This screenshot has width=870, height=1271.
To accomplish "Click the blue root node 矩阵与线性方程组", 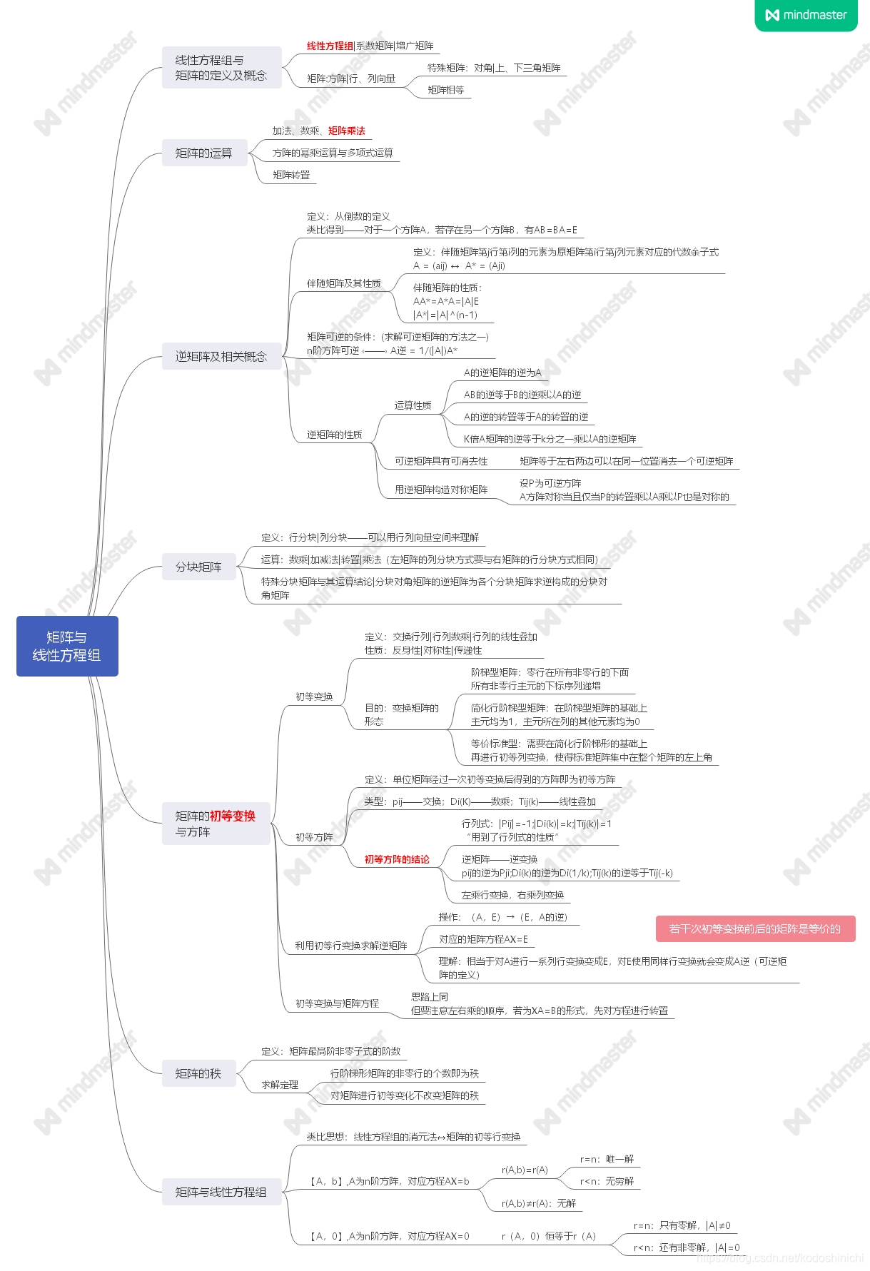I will (x=67, y=646).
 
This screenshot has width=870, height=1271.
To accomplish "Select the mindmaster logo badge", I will (x=806, y=15).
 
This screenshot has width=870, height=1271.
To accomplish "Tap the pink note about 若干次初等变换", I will (x=755, y=928).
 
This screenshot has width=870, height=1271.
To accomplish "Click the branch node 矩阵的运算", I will (x=204, y=153).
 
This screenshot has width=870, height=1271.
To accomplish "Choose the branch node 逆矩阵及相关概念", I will (x=221, y=356).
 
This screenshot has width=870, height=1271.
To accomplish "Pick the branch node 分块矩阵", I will (x=198, y=567).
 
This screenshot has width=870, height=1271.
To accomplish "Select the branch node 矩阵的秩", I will (x=198, y=1073).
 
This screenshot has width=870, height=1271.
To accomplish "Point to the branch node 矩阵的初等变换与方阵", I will (x=216, y=824).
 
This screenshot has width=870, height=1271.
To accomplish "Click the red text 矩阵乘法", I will (x=346, y=131).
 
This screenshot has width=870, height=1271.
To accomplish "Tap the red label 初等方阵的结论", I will (x=397, y=859).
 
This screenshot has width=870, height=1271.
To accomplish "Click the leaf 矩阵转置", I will (x=291, y=175).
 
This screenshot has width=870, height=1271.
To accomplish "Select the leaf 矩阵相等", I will (x=446, y=90).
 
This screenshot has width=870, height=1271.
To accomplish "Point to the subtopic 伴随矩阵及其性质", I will (x=344, y=283).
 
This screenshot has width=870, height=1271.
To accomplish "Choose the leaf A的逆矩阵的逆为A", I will (x=502, y=373).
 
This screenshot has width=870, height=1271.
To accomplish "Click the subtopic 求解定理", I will (x=280, y=1085).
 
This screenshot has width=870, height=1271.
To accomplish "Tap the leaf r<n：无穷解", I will (x=607, y=1181).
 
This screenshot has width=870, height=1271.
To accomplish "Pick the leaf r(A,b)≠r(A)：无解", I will (x=539, y=1203).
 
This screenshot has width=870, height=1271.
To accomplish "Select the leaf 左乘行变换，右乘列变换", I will (x=512, y=895).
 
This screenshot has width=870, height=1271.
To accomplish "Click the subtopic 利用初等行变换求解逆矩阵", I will (x=351, y=946).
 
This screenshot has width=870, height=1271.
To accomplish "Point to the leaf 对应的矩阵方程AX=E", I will (x=483, y=939).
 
